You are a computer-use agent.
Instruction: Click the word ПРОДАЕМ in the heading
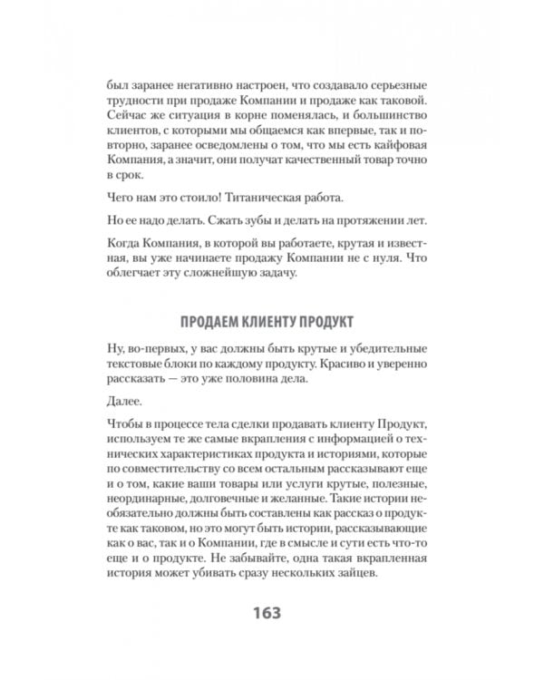214,322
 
